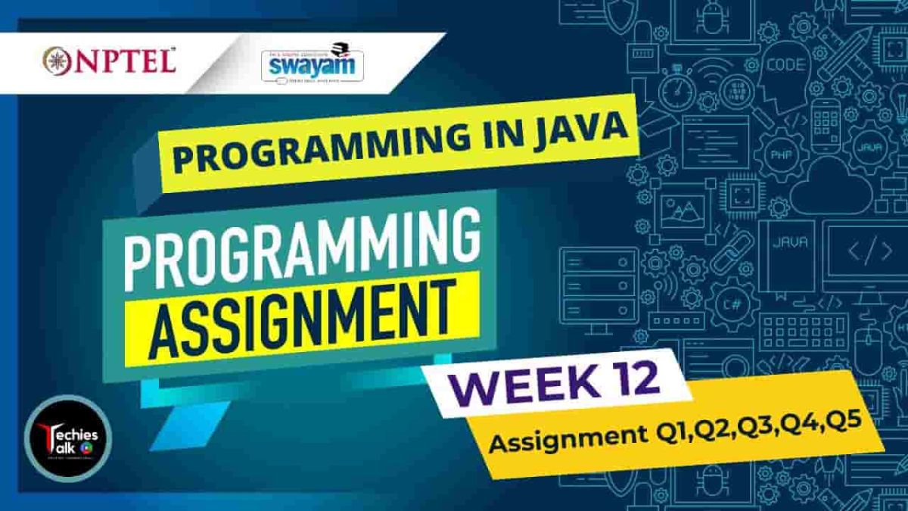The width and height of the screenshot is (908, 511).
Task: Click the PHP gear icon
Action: [x=778, y=155]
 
